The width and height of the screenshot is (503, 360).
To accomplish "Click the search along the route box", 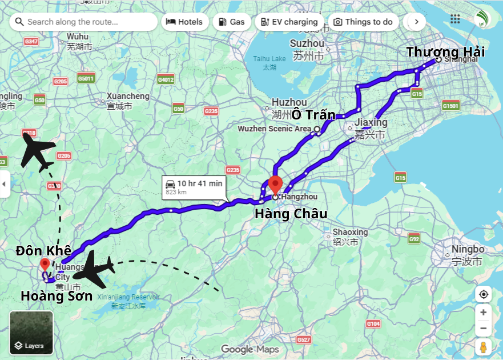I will [x=83, y=22].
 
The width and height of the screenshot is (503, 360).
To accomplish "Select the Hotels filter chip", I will [x=184, y=22].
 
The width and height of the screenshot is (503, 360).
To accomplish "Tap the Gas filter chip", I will [x=231, y=22].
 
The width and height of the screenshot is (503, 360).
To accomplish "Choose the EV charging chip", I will [x=289, y=22].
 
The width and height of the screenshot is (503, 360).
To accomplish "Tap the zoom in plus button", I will [x=484, y=313].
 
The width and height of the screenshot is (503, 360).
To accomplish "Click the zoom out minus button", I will [x=484, y=329].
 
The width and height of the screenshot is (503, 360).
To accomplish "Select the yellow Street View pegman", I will [x=484, y=347].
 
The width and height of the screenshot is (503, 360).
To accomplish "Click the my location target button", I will [x=484, y=294].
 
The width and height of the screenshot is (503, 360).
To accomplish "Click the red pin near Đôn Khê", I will [x=45, y=265].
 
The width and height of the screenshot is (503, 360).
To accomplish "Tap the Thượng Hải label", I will [x=445, y=52].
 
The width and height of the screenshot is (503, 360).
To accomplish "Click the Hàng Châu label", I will [x=291, y=214].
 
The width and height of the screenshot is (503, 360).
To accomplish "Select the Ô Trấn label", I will [x=313, y=114].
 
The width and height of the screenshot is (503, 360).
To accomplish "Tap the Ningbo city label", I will [x=468, y=250].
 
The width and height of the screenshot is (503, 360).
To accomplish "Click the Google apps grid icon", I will [x=455, y=19].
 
